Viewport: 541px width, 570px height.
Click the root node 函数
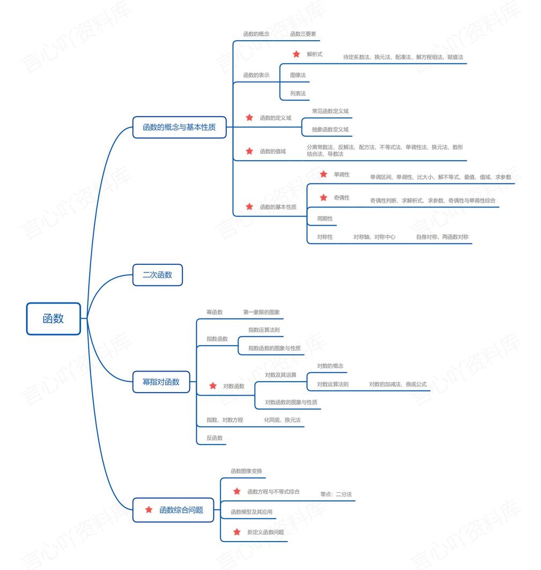click(x=53, y=319)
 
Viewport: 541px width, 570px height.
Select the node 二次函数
click(x=158, y=275)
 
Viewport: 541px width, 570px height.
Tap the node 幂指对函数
click(x=161, y=382)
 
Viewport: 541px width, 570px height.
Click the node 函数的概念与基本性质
click(x=179, y=128)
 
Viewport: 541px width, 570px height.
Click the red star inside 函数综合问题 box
click(x=149, y=510)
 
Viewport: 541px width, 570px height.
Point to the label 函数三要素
click(x=303, y=34)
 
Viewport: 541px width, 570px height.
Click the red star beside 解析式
click(x=297, y=54)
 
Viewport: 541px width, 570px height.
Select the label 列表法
click(x=298, y=93)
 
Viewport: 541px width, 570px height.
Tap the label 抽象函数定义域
click(x=330, y=129)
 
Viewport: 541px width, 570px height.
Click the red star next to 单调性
click(x=323, y=174)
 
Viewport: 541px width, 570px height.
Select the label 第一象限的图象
click(x=261, y=312)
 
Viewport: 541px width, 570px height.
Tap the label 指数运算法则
click(x=264, y=330)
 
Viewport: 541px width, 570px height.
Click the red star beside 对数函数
click(x=213, y=386)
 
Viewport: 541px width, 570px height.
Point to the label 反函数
click(x=214, y=438)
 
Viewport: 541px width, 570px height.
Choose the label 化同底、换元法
click(x=282, y=420)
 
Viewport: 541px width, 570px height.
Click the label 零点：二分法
click(x=336, y=494)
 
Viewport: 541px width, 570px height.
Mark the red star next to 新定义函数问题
click(x=236, y=532)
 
